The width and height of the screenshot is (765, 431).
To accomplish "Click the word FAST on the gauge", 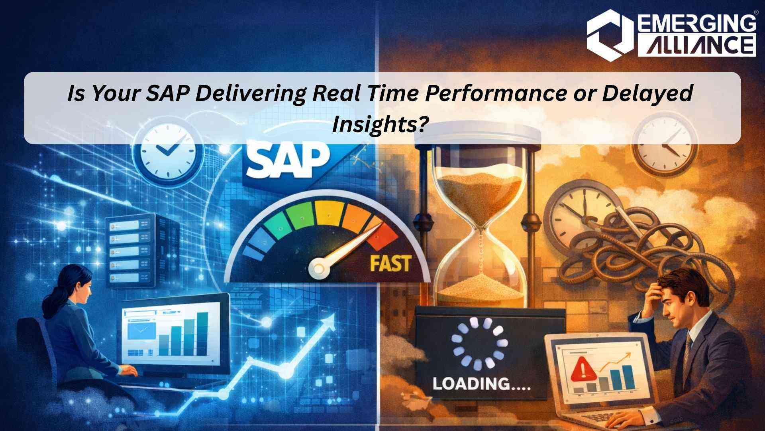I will pos(390,263).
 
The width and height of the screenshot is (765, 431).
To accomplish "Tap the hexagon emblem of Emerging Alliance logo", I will pos(610,35).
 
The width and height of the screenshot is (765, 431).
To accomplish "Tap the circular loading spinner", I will pos(480,344).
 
